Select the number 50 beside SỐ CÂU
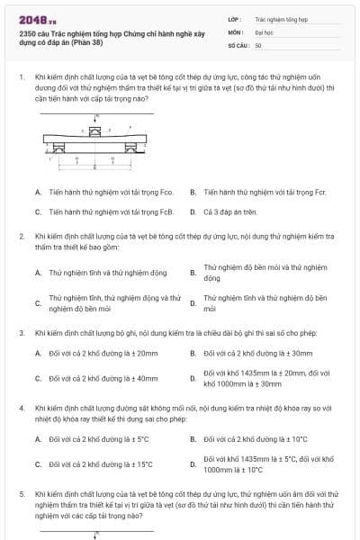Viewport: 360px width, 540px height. point(258,44)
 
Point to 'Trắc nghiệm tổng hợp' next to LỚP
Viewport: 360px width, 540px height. point(282,17)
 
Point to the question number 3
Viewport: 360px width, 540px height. point(21,332)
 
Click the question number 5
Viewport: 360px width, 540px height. point(21,494)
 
